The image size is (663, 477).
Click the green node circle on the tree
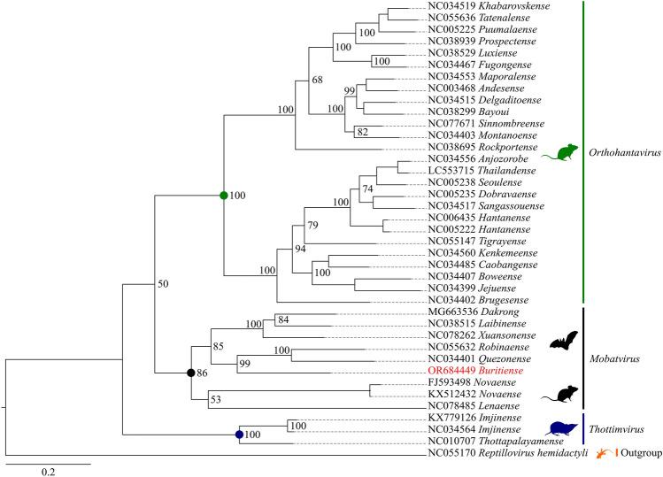224,196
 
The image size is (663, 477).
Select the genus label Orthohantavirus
624,152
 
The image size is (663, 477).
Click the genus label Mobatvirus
616,356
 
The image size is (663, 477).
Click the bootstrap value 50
164,284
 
